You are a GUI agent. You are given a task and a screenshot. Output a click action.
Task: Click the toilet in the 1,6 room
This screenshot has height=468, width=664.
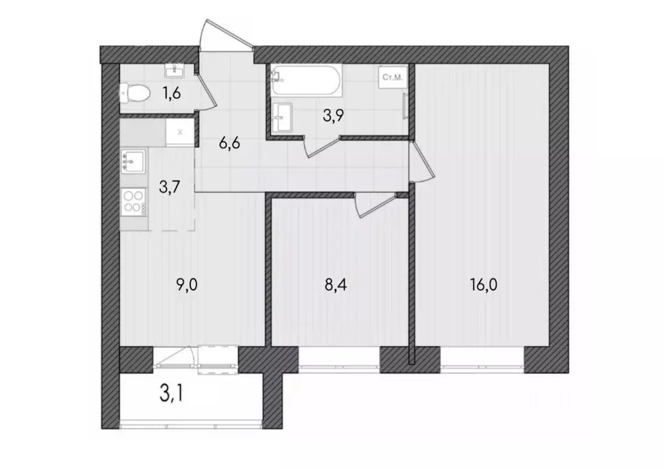coord(134,94)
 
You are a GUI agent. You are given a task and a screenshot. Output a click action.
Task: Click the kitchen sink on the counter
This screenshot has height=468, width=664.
coord(134,160)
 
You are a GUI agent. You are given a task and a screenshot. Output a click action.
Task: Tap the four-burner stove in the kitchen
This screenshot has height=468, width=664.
coord(134,201)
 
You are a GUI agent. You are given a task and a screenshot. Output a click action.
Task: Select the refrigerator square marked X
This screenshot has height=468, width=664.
coord(180,131)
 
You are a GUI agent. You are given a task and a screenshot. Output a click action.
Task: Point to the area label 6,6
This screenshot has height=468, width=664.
coord(230,143)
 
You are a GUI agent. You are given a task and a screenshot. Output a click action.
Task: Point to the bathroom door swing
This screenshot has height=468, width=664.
coord(323,148)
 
